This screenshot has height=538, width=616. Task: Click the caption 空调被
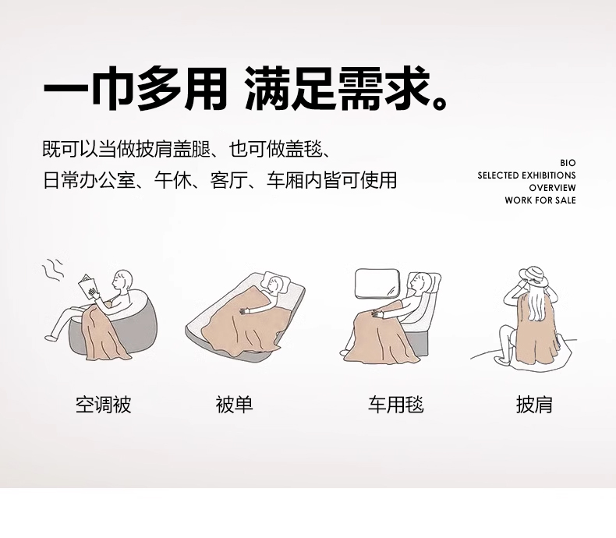point(104,405)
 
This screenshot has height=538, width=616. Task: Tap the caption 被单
point(234,405)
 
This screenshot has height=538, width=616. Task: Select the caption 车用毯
point(396,405)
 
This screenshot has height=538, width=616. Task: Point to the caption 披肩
point(534,405)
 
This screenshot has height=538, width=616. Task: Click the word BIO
point(568,163)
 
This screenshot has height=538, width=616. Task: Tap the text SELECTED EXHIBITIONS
point(526,175)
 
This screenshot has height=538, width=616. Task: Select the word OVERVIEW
point(552,188)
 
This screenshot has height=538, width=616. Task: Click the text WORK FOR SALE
point(540,200)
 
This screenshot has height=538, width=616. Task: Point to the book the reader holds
point(87,288)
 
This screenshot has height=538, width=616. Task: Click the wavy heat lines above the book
point(53,270)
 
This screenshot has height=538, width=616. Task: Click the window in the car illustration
point(377,283)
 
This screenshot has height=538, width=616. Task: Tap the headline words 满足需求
point(345,89)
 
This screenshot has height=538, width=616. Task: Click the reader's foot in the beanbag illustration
point(51,338)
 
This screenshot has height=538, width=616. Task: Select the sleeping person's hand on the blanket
point(246,310)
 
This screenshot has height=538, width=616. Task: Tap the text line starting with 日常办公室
point(220,180)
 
